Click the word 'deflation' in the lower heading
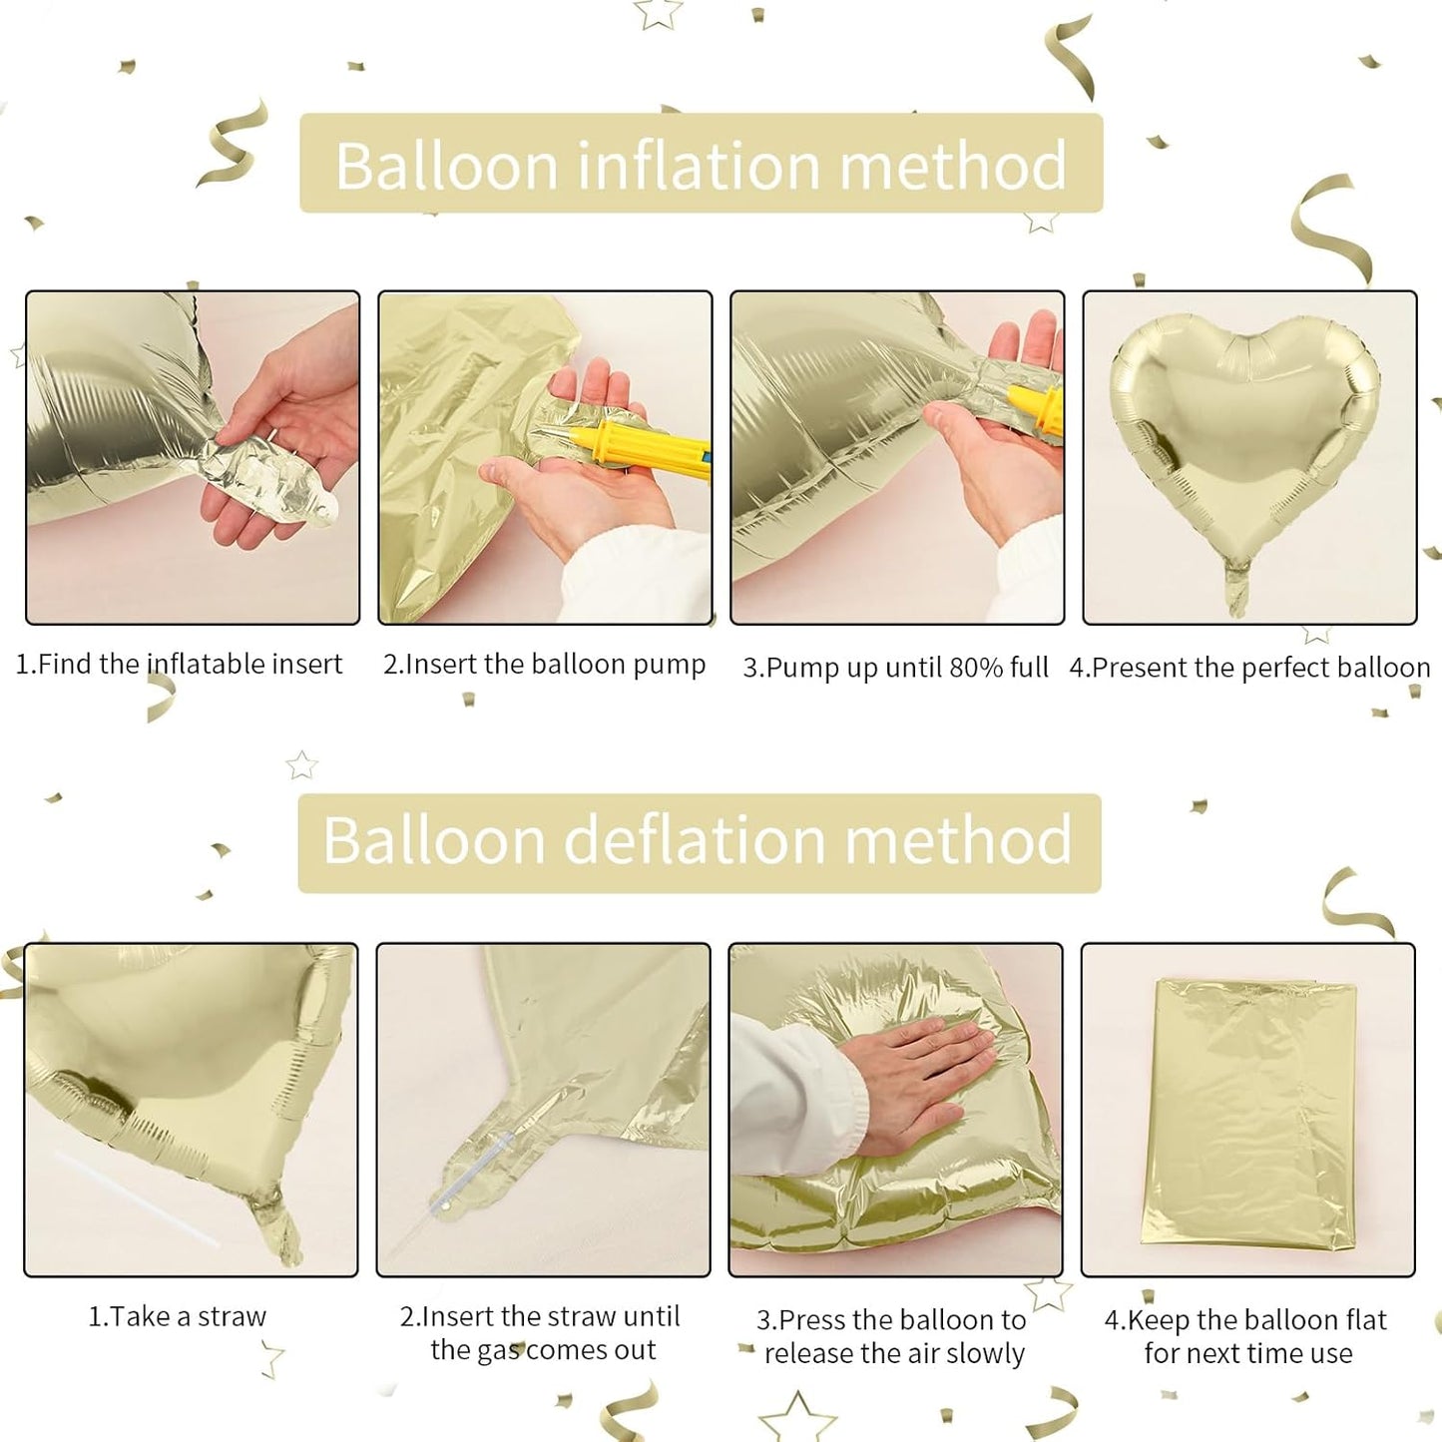tap(695, 840)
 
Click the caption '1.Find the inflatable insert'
tap(179, 665)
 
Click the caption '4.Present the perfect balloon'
tap(1249, 668)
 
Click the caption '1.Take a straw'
tap(178, 1317)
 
